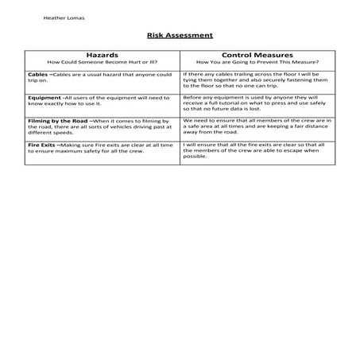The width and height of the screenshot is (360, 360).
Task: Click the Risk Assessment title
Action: pyautogui.click(x=180, y=36)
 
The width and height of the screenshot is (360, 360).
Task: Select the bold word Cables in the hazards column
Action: pyautogui.click(x=37, y=74)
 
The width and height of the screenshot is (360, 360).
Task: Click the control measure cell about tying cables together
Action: pyautogui.click(x=258, y=80)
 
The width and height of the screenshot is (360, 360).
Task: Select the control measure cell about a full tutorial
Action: pyautogui.click(x=258, y=103)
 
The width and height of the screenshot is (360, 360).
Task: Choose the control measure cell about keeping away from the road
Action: pyautogui.click(x=258, y=126)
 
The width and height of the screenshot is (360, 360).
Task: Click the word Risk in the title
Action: pyautogui.click(x=154, y=36)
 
